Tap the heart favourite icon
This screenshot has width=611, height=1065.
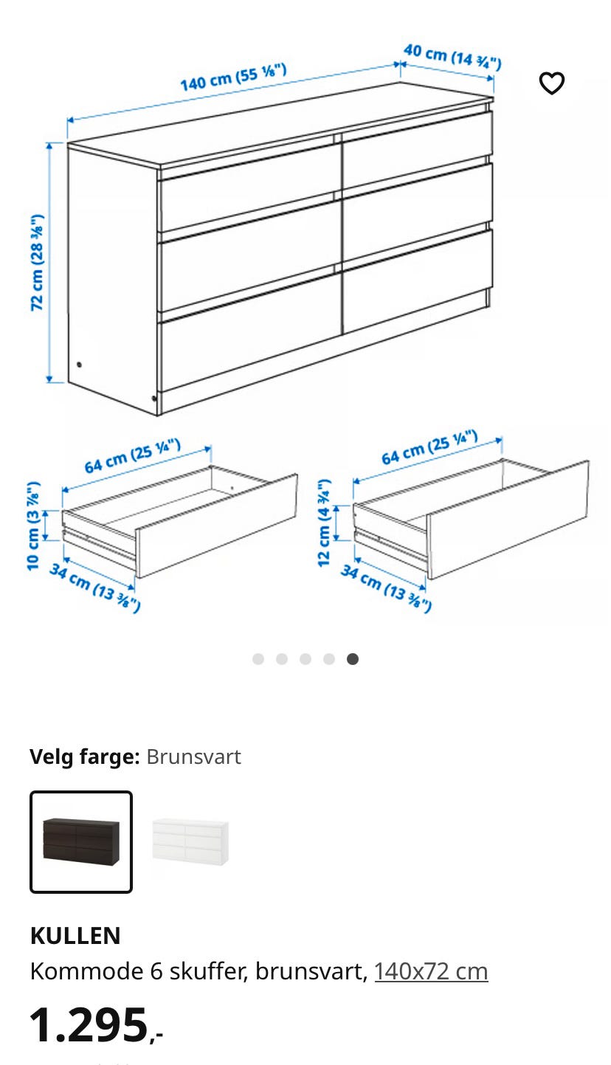[551, 83]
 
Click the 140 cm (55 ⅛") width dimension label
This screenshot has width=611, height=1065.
[233, 77]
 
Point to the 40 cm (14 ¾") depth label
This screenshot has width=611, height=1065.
[452, 57]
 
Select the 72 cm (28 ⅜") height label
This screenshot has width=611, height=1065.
[37, 263]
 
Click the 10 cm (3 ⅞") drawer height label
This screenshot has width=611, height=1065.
[32, 525]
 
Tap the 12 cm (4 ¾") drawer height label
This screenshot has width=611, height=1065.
[324, 523]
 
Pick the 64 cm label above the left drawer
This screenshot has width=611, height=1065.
[133, 456]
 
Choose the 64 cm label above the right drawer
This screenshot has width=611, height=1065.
[429, 447]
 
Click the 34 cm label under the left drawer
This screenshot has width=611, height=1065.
[95, 587]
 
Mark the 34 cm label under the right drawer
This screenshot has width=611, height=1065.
[386, 588]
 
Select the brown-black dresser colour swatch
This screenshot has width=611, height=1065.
[81, 841]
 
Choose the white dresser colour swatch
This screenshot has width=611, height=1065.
[190, 841]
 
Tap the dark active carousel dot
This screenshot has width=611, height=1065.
[352, 658]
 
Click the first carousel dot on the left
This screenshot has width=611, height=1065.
[258, 658]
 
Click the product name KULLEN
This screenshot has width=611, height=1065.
[75, 936]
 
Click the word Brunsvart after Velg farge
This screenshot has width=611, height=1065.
[193, 756]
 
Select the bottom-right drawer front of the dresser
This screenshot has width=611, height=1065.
[417, 280]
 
